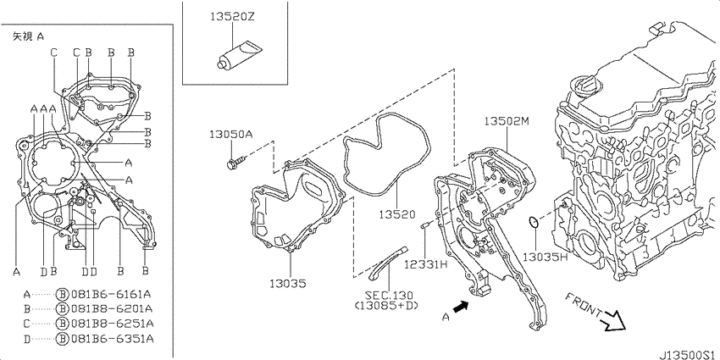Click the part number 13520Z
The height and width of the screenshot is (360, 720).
(232, 17)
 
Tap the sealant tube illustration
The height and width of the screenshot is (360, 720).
(239, 55)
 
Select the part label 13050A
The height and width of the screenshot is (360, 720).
(231, 135)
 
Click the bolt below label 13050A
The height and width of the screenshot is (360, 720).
(236, 162)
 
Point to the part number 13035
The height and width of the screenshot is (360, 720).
(288, 283)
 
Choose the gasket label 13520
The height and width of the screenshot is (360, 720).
(397, 214)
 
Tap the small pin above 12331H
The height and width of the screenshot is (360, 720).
(424, 225)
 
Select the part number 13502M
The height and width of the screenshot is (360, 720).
(507, 121)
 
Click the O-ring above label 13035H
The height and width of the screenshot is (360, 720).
(534, 223)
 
